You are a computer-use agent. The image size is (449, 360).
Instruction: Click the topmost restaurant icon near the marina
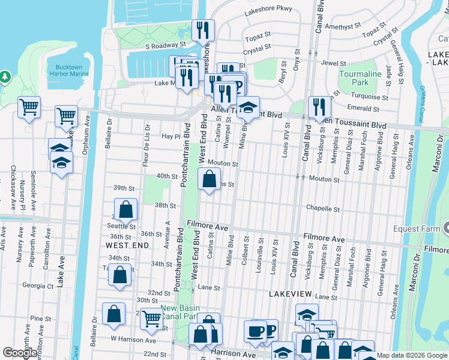203,31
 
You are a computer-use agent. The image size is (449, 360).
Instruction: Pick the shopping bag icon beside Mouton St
209,179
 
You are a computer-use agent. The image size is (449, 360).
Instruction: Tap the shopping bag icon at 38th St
125,210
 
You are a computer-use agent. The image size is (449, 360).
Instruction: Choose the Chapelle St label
323,209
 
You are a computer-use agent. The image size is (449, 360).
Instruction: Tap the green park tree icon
5,77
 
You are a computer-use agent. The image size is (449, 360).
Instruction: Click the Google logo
20,353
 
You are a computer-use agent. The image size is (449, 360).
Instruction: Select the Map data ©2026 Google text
412,355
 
